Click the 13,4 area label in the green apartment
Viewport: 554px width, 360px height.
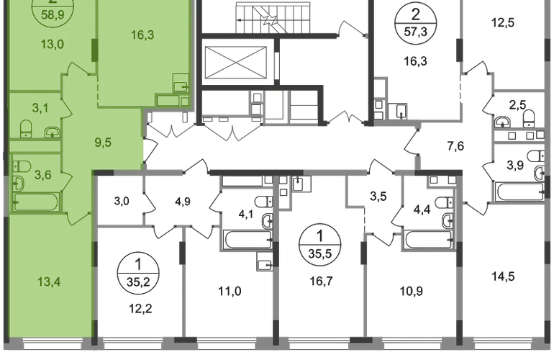point(49,282)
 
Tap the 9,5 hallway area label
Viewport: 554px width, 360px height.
point(103,143)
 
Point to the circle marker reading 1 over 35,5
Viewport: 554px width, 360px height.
point(320,245)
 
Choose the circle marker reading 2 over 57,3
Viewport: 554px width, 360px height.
point(416,23)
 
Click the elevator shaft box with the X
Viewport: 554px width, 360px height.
point(235,63)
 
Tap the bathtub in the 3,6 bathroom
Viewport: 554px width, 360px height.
point(36,202)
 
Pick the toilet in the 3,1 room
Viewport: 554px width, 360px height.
point(26,129)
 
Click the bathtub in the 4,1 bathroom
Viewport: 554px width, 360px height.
point(248,240)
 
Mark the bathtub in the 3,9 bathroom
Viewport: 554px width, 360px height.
point(520,192)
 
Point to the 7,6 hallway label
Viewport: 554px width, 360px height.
point(455,145)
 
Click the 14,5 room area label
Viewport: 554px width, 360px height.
point(503,276)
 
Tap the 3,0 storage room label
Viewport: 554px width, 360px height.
point(122,201)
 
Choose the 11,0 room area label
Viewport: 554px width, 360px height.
point(230,292)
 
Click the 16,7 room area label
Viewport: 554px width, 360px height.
point(321,281)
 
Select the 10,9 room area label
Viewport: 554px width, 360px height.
point(412,292)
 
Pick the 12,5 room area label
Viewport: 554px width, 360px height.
point(503,22)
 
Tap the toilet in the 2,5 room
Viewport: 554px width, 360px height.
point(529,119)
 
